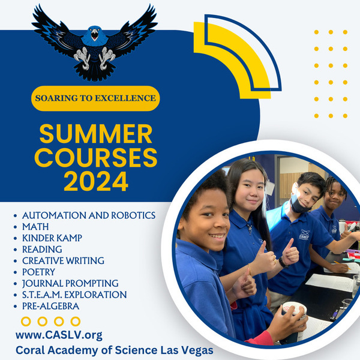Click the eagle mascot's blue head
click(95, 36)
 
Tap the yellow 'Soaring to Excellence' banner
click(95, 98)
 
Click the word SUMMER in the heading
click(96, 134)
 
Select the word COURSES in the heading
click(96, 157)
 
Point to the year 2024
click(96, 181)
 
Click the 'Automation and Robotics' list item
click(89, 215)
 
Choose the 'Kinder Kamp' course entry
click(52, 238)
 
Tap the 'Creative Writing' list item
click(63, 260)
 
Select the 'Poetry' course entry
click(38, 272)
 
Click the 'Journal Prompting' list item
click(70, 283)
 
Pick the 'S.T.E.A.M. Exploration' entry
click(74, 295)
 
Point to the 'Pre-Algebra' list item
click(51, 306)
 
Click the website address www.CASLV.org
click(59, 335)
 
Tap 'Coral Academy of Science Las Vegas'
click(115, 350)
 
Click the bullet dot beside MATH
click(16, 227)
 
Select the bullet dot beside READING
click(16, 250)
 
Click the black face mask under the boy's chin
click(299, 205)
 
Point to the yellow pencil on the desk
click(342, 265)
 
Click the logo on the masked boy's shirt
click(304, 235)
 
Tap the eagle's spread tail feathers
click(95, 71)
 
